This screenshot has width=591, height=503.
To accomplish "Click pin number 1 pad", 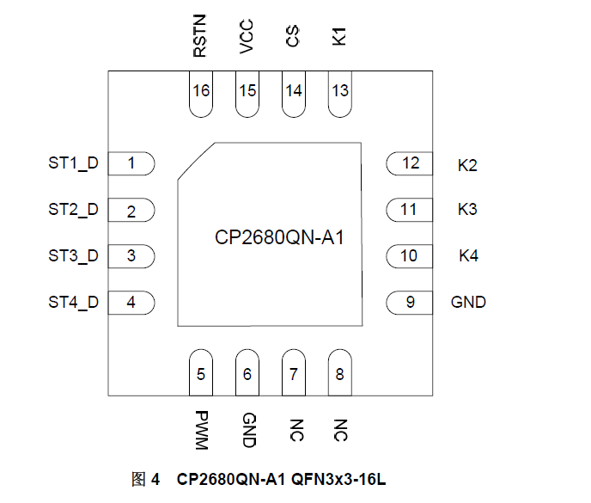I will (131, 163).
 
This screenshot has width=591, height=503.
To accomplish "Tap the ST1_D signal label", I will (73, 163).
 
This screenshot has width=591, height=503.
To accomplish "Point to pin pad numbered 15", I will (247, 91).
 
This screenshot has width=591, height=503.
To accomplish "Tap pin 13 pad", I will (340, 91).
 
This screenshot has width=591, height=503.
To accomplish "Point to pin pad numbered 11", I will (409, 209).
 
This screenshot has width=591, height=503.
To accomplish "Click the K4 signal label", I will (468, 255).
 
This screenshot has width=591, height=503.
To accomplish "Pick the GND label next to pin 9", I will (468, 302).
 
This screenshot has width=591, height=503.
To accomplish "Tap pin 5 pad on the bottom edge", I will (201, 373).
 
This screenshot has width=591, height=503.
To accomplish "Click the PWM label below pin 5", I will (201, 430).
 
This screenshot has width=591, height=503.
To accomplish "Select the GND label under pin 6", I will (248, 430).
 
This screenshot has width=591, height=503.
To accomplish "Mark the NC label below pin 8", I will (341, 430).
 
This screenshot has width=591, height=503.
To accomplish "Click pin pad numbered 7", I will (294, 373).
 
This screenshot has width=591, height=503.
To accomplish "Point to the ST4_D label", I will (73, 302).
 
